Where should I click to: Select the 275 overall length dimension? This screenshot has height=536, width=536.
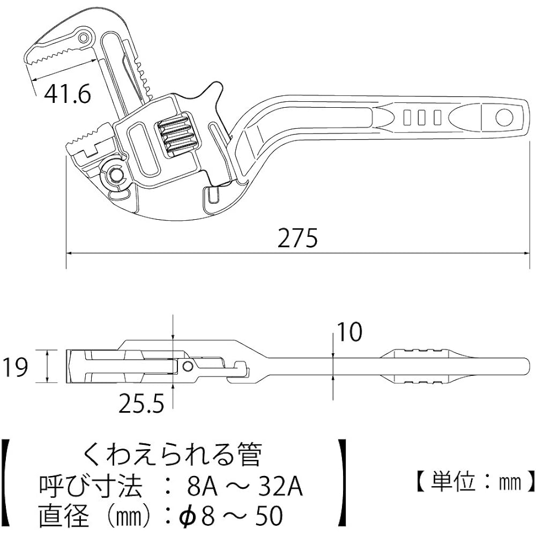[298, 239]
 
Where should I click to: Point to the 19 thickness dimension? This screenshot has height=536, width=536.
[14, 368]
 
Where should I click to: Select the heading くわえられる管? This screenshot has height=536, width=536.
[172, 456]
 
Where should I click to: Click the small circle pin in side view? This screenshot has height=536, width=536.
[188, 366]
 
